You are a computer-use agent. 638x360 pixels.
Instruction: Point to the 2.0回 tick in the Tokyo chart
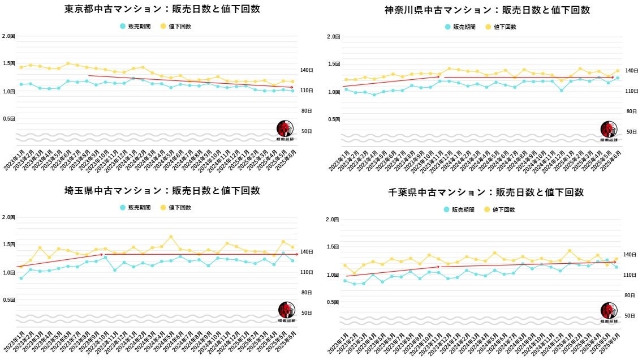tap(9, 36)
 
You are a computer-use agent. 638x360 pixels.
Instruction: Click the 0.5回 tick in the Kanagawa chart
tap(334, 119)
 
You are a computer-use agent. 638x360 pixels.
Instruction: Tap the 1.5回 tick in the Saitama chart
tap(9, 245)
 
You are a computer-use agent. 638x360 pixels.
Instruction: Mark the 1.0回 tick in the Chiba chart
tap(334, 275)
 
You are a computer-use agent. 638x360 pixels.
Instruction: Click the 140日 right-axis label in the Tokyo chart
tap(307, 70)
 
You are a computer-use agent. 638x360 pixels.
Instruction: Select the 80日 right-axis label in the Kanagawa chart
tap(631, 112)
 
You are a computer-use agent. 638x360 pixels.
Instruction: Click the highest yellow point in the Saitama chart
tap(171, 237)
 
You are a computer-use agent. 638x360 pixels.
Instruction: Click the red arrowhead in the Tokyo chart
tap(291, 87)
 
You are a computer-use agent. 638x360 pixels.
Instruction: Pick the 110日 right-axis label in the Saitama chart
tap(307, 272)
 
